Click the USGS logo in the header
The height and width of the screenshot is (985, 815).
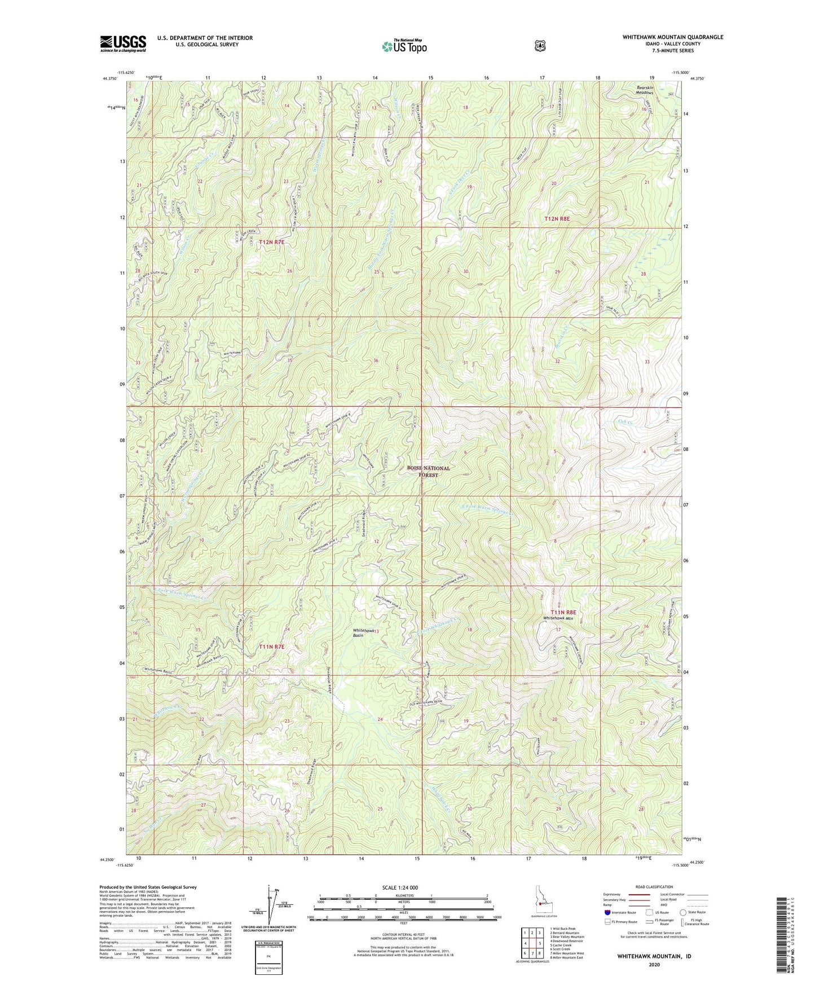(x=123, y=43)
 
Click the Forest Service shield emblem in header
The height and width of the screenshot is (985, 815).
(x=540, y=46)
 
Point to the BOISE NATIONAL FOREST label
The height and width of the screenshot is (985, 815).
(x=429, y=472)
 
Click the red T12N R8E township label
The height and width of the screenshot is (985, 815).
(x=557, y=218)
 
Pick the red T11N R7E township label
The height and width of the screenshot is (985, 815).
(x=272, y=647)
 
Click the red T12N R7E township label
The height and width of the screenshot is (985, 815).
(x=272, y=242)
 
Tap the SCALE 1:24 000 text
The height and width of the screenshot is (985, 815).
(x=400, y=887)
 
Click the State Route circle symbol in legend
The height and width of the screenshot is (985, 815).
(x=683, y=912)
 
